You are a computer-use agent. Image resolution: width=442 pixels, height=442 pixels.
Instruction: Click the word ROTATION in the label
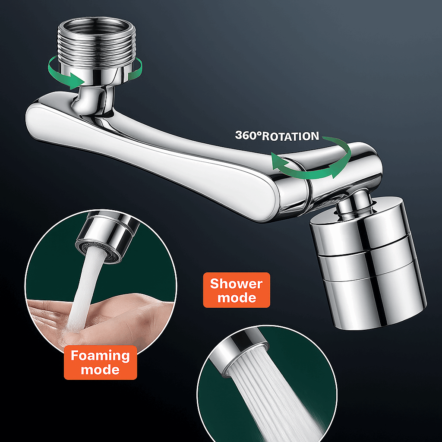point(290,136)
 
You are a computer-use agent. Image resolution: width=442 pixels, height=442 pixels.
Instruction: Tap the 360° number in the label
point(248,135)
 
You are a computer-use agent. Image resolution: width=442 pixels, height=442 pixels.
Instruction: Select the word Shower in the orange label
point(236,284)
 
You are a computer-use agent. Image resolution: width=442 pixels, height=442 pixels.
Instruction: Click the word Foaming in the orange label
point(100,356)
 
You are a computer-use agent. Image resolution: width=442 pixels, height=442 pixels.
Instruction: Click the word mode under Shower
point(237,298)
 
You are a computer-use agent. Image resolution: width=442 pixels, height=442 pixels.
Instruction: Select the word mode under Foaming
point(100,370)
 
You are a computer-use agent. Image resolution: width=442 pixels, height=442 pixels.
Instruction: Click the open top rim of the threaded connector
point(97,25)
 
